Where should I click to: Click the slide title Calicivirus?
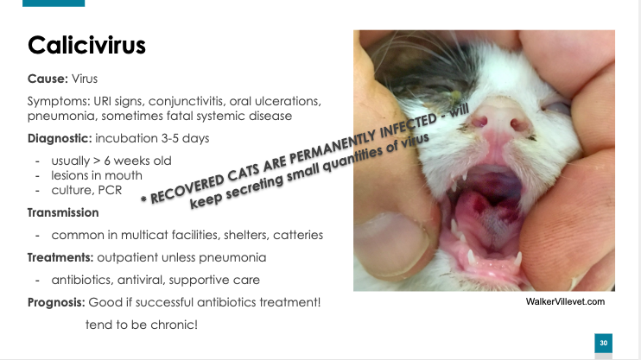tap(86, 45)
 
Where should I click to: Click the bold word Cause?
tap(46, 79)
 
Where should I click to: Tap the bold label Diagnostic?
tap(59, 138)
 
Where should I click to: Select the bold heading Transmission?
tap(63, 212)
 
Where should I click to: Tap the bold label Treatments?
tap(60, 257)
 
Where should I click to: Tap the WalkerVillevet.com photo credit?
tap(565, 301)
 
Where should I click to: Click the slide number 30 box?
tap(603, 343)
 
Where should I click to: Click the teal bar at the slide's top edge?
tap(54, 3)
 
